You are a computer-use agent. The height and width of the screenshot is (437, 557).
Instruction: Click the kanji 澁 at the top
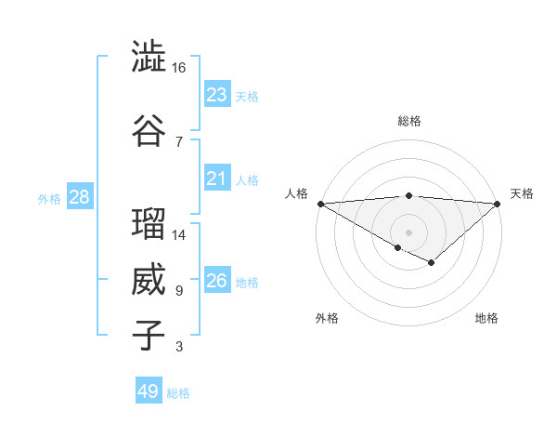(149, 57)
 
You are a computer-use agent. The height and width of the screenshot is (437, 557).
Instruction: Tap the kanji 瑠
(149, 224)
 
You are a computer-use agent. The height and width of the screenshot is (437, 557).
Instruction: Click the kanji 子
(149, 336)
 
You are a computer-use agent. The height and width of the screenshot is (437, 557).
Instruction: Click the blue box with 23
(217, 95)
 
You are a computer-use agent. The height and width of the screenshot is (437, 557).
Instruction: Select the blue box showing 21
(217, 179)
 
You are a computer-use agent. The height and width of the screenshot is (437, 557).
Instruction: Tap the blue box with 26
(217, 281)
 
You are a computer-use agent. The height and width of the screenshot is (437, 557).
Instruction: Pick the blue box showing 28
(79, 197)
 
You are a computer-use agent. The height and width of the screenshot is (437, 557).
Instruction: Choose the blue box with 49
(149, 391)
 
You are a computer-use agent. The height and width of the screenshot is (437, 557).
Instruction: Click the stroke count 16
(179, 68)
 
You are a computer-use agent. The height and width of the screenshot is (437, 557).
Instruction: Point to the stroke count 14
(179, 235)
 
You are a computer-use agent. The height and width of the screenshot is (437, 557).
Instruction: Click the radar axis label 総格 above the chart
(409, 121)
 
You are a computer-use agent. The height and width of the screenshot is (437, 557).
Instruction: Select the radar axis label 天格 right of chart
(523, 193)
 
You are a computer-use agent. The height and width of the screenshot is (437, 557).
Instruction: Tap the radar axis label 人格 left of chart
(296, 193)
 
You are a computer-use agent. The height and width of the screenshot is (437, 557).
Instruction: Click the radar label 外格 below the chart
(327, 318)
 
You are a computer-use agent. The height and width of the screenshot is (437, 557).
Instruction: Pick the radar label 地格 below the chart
(486, 318)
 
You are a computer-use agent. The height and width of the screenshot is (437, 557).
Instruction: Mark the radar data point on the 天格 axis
(499, 203)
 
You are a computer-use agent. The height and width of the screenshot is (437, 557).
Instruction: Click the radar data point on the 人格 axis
(320, 203)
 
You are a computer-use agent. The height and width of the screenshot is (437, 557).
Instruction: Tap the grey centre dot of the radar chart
(409, 232)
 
